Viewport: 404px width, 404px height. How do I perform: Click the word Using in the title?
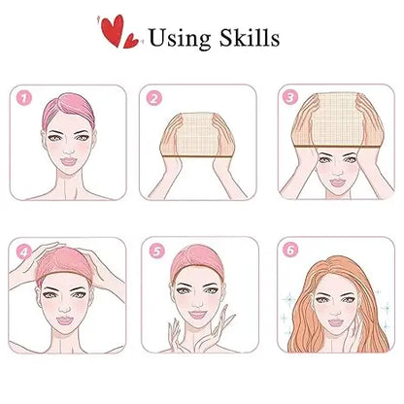(x=182, y=38)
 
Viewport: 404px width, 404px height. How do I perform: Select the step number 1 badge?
(x=24, y=97)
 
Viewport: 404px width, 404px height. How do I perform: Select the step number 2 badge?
(x=152, y=97)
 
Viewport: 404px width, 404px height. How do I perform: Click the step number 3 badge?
(x=288, y=97)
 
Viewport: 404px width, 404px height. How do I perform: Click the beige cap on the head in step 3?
(x=334, y=118)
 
